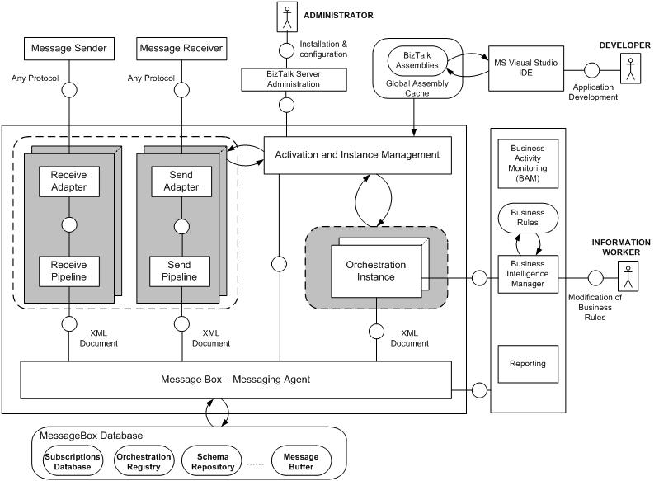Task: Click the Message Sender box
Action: [68, 49]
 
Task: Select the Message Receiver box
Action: [181, 49]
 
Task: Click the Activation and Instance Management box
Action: [357, 154]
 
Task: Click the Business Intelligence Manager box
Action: [527, 273]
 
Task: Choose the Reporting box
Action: [527, 363]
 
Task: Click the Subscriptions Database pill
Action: [73, 461]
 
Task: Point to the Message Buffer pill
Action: [300, 461]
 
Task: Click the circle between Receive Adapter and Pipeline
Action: [69, 224]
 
